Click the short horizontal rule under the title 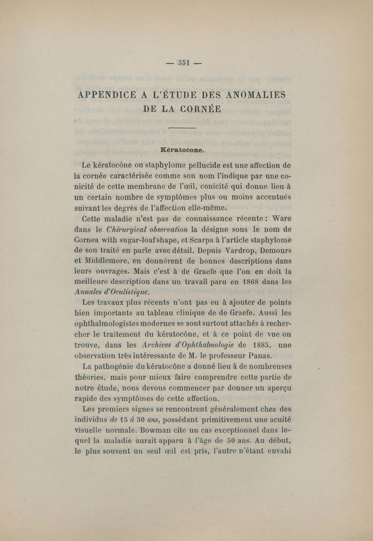[x=182, y=127]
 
